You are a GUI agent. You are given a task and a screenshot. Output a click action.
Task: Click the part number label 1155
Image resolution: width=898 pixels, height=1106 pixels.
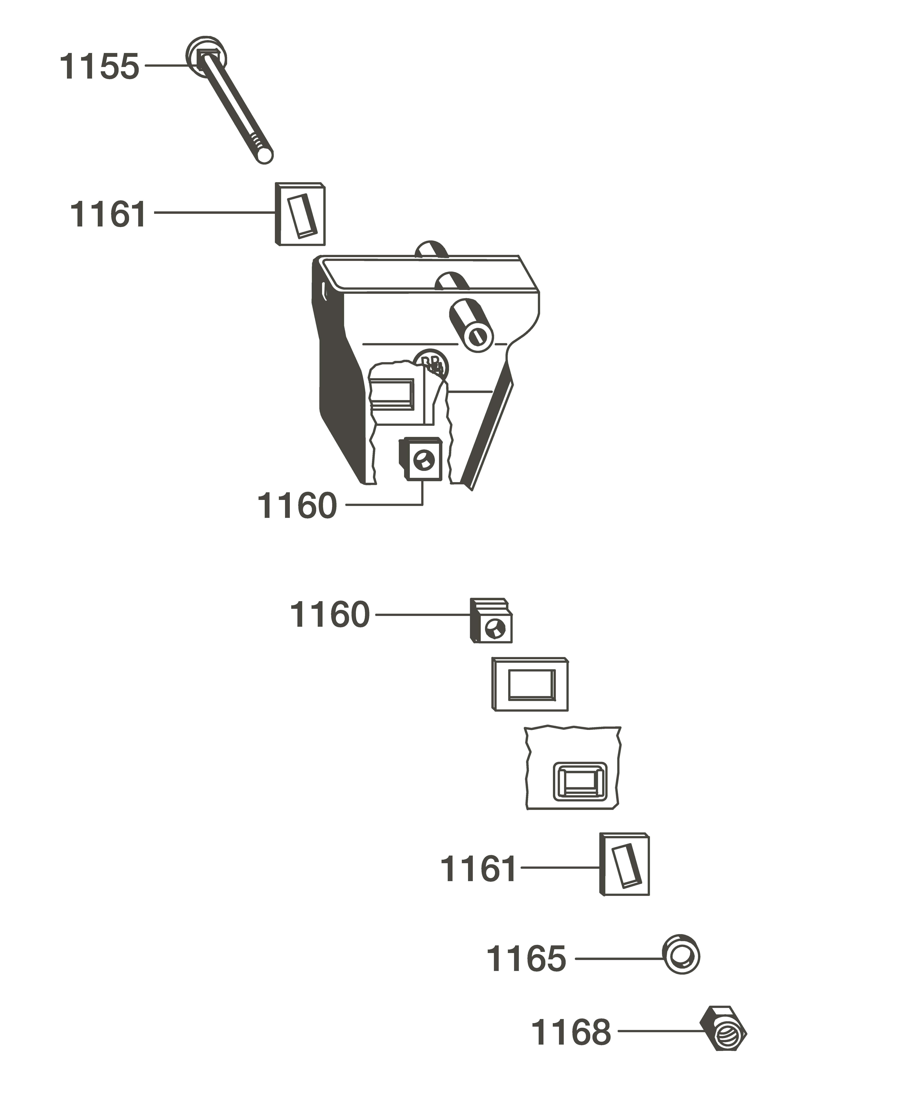click(x=99, y=67)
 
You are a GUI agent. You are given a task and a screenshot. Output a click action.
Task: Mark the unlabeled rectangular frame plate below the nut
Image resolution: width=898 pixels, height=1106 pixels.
click(x=530, y=684)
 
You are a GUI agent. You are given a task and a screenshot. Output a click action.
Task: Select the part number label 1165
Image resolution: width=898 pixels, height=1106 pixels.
click(x=526, y=959)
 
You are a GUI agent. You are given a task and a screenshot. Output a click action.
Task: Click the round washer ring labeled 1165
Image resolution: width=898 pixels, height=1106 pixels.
click(x=681, y=954)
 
